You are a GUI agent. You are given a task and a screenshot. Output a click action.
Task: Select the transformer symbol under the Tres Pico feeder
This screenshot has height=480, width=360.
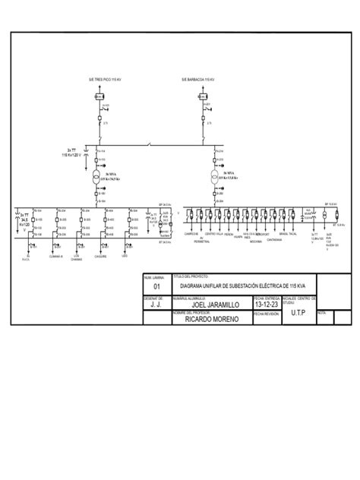tap(98, 175)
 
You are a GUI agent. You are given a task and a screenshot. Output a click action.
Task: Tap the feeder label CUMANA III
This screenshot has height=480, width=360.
tap(55, 257)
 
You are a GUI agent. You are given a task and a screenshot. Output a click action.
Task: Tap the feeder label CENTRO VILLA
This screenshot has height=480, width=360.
tap(214, 234)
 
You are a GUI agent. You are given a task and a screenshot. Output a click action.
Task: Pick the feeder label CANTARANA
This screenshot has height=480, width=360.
tap(273, 241)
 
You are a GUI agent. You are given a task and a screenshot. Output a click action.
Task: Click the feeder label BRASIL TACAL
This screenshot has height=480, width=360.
tap(288, 234)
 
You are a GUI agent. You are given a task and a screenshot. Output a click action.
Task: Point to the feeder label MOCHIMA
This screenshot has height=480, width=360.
tap(255, 241)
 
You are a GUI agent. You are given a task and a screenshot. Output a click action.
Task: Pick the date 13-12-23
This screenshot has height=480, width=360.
tap(267, 304)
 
